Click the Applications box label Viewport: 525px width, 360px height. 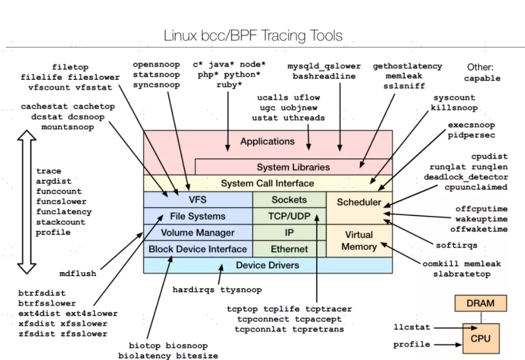point(267,141)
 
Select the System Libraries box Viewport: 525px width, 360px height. point(293,167)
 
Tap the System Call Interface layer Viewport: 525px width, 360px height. point(267,183)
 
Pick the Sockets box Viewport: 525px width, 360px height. point(289,200)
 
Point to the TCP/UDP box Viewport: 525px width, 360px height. point(289,216)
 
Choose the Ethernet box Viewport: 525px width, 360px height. point(289,249)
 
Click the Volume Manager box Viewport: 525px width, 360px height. point(197,233)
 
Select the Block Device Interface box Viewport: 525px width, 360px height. point(197,249)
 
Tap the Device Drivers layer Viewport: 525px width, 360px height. point(267,265)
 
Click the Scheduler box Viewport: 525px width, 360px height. point(359,202)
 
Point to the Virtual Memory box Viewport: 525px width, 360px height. point(359,241)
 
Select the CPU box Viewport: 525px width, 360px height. point(480,338)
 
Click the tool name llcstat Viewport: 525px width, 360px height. point(411,327)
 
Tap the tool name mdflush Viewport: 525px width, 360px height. point(77,273)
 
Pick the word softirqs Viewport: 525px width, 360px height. point(456,245)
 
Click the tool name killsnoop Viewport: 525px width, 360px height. point(454,107)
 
